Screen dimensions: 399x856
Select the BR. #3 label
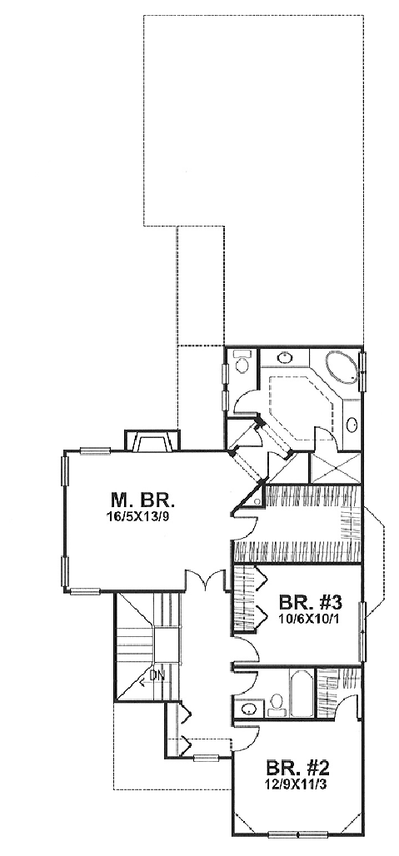click(310, 603)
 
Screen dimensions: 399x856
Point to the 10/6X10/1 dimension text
click(310, 619)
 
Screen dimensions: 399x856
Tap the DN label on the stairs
click(157, 675)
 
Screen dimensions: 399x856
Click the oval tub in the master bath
click(342, 367)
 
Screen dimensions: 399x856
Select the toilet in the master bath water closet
click(241, 361)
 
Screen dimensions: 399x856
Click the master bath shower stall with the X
click(335, 468)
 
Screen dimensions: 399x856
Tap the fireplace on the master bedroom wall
click(152, 440)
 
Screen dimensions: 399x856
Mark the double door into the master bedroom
click(205, 580)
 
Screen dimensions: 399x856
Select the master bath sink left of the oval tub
click(284, 358)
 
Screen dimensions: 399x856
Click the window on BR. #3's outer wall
click(362, 631)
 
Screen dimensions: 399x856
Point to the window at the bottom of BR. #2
click(298, 834)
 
